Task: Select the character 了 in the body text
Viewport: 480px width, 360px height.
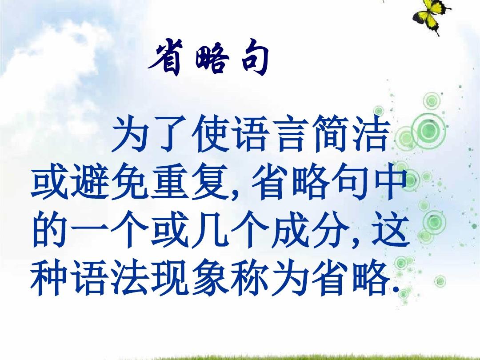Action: pyautogui.click(x=172, y=133)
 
